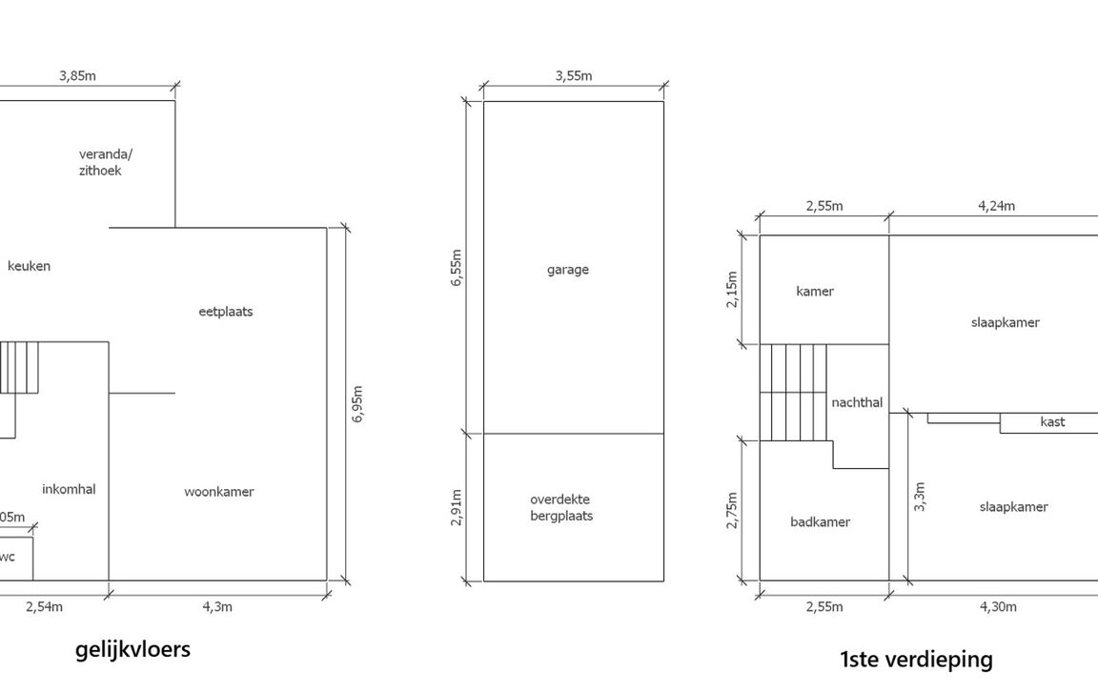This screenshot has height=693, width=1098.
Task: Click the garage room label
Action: point(568,270)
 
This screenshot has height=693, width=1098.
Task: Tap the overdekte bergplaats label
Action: point(560,507)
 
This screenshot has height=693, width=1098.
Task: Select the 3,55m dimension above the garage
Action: point(574,75)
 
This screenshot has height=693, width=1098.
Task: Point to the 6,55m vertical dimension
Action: point(457,268)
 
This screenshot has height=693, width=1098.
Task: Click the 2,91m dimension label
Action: point(457,507)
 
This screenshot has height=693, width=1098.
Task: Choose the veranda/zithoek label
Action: point(105,162)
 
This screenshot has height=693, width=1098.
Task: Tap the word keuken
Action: point(29,266)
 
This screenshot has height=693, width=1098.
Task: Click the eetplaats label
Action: point(226,312)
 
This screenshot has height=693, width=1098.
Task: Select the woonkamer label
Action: point(219,492)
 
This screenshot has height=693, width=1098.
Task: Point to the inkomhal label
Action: point(69,489)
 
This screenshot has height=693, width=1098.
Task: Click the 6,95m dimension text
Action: point(357,404)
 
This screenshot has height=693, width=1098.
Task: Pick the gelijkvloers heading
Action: point(133,649)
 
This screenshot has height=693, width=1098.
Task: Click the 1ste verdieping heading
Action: point(916,660)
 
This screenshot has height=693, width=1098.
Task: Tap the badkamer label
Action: point(820,521)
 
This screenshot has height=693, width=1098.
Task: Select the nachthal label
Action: point(857,402)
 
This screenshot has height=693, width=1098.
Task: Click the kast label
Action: point(1052,421)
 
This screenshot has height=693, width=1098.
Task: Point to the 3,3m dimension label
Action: point(920,497)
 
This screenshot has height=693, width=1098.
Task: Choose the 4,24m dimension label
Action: point(996,206)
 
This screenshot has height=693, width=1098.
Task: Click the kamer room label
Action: point(815,291)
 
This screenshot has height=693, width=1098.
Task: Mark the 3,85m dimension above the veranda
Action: point(78,75)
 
